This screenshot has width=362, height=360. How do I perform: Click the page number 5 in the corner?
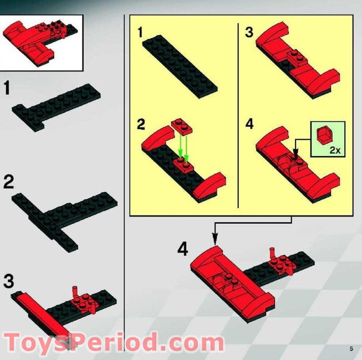(351, 348)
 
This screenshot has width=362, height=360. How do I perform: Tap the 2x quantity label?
(334, 150)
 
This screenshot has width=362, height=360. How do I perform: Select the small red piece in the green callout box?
(323, 135)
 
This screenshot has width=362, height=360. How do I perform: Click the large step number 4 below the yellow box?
(183, 249)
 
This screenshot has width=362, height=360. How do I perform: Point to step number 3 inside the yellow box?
(249, 33)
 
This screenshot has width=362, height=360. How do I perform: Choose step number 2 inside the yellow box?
(141, 124)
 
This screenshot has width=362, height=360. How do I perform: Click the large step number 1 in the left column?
(8, 89)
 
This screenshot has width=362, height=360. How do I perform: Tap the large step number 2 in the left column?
(9, 183)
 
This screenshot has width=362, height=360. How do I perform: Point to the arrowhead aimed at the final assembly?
(213, 239)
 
